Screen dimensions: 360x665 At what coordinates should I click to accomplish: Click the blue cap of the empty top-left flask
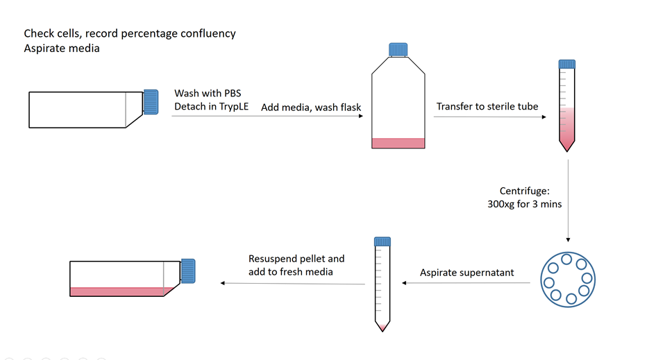151,101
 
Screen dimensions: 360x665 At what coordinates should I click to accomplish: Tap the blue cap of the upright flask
398,49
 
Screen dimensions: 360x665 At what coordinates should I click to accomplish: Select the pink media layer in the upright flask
398,143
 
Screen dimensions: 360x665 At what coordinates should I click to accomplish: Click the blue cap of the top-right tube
568,65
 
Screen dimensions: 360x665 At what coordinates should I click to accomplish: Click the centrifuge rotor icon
567,280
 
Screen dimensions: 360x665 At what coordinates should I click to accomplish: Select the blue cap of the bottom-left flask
189,271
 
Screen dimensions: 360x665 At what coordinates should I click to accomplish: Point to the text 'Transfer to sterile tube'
487,107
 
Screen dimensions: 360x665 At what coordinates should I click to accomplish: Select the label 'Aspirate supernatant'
466,273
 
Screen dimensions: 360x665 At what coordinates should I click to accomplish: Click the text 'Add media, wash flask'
310,108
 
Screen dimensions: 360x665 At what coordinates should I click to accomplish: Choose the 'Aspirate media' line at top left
62,48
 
